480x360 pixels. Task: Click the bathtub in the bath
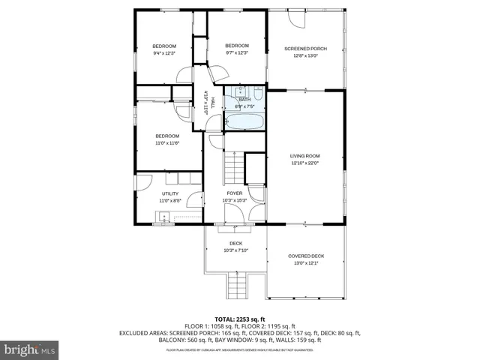(x=245, y=121)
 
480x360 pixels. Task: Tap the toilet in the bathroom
(x=256, y=95)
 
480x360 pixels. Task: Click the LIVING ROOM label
(x=304, y=156)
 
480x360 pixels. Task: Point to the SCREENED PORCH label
(x=305, y=49)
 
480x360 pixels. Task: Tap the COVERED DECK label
(x=306, y=256)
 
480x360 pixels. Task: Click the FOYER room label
(x=235, y=193)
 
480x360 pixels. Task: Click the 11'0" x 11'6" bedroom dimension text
(x=167, y=142)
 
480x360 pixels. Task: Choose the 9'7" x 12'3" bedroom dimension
(x=237, y=52)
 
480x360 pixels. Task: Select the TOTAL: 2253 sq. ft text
(x=240, y=319)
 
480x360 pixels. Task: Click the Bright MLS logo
(x=30, y=349)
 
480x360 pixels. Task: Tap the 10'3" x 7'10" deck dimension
(x=235, y=250)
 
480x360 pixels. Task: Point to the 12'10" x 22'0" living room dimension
(x=304, y=163)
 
